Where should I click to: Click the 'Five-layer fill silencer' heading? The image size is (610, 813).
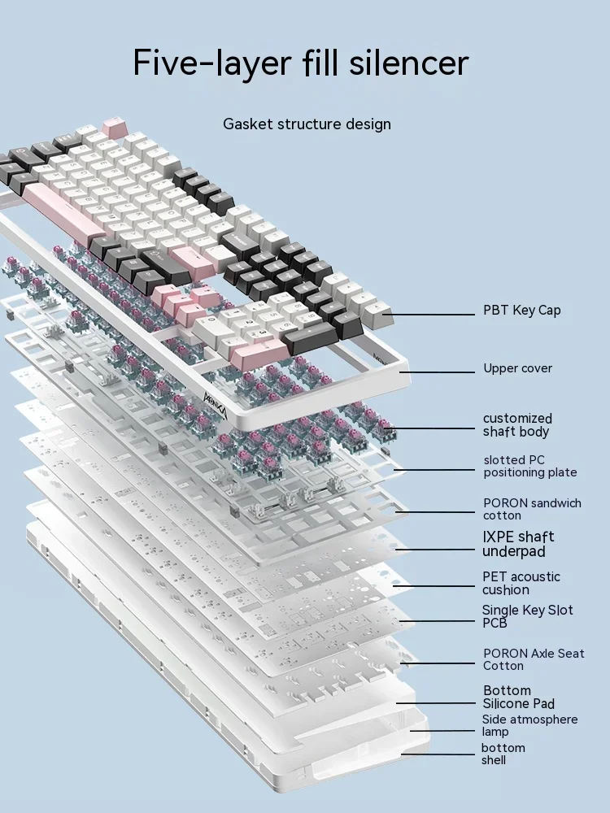coord(301,63)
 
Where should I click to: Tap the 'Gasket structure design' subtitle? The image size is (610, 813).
coord(307,124)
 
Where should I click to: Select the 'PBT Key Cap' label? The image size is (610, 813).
coord(521,311)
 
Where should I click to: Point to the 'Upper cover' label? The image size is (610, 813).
coord(517,368)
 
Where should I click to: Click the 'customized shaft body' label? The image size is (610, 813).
coord(516,425)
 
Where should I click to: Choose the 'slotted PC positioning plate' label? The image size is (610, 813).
coord(529,467)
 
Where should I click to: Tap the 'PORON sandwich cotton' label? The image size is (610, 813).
coord(532,509)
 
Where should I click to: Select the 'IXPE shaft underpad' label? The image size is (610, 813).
coord(518,544)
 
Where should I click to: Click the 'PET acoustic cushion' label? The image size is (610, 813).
coord(521,583)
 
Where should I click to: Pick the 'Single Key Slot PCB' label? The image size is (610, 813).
coord(527,616)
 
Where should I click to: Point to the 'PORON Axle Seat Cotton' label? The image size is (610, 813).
coord(534,659)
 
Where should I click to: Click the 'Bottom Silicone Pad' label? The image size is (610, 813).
coord(519,697)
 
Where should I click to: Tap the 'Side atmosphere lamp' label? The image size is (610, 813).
coord(529,725)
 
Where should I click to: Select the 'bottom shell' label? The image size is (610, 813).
coord(503,754)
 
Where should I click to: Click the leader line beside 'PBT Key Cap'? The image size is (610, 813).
coord(431,314)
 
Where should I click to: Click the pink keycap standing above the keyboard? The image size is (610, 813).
coord(113,127)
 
